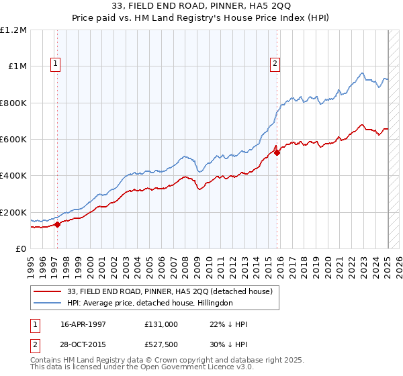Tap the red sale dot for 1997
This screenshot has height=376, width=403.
(x=57, y=224)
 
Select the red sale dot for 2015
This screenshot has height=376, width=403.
(x=277, y=152)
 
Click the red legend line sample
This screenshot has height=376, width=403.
(x=46, y=291)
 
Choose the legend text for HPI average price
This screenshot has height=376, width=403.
(x=150, y=303)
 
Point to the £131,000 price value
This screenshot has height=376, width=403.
(x=161, y=324)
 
